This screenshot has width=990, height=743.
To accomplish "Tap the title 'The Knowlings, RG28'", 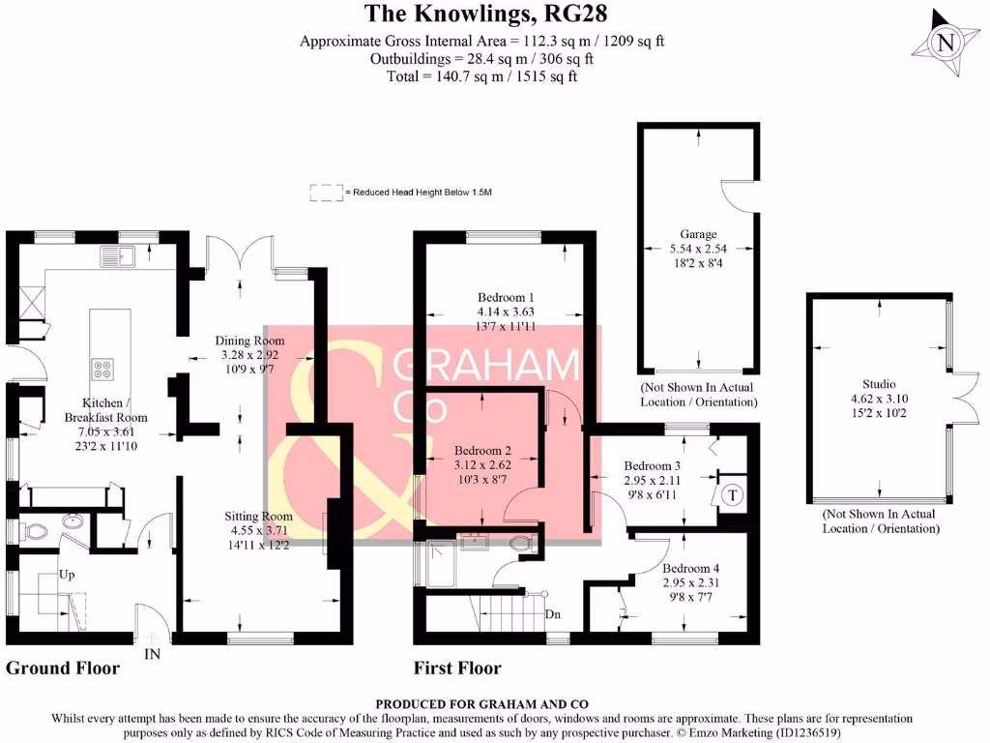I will tap(485, 14).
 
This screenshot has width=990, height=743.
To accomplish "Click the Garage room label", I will tap(698, 234).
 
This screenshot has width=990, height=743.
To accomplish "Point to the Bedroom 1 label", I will tap(506, 297).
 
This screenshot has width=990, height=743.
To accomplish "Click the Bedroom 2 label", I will tap(482, 450).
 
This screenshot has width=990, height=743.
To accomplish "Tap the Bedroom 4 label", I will tap(687, 569).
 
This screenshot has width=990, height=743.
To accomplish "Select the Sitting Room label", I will tap(261, 516).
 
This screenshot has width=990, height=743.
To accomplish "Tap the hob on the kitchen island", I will tap(103, 369).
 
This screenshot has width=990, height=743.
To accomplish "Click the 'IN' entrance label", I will tap(152, 655).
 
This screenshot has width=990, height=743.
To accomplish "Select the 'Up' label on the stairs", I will tap(67, 574).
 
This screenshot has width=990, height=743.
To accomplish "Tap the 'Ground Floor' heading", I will tap(63, 668).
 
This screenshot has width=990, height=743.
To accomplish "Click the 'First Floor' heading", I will tap(457, 668).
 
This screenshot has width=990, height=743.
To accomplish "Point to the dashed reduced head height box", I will tap(326, 193).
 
